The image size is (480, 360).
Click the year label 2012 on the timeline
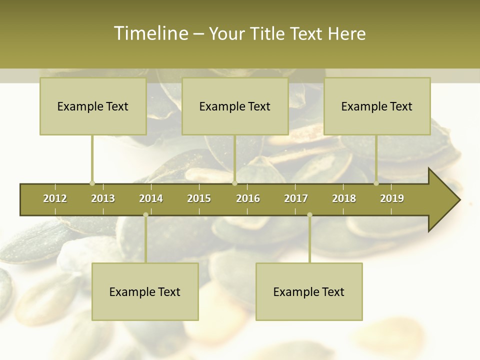point(55,198)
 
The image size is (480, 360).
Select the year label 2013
point(103,198)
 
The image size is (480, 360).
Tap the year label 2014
point(151,198)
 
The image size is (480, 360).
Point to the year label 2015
point(199,198)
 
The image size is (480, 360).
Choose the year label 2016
point(248,198)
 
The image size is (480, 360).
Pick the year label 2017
point(296,198)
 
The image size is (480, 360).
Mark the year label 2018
point(344,198)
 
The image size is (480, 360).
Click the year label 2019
point(392,198)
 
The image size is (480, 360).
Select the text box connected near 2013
point(93,106)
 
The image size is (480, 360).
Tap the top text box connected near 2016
point(235,106)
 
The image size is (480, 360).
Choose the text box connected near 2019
point(377,106)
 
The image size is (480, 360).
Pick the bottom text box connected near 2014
point(145,291)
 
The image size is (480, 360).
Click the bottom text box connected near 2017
point(309,291)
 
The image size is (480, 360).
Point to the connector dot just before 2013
point(92,183)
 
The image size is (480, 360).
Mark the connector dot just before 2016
point(234,183)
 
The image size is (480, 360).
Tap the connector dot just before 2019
point(376,183)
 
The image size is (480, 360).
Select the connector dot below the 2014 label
point(145,214)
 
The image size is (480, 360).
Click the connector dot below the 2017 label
point(309,214)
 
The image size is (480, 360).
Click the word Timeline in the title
point(150,33)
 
